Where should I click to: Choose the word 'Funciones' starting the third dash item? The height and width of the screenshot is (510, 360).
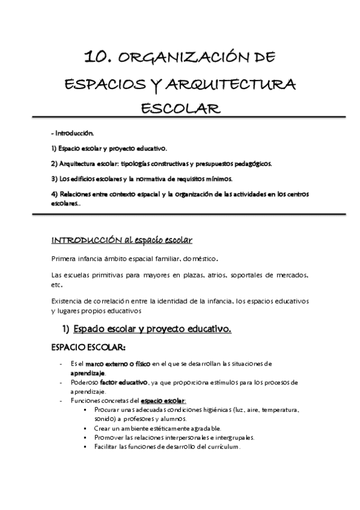(86, 401)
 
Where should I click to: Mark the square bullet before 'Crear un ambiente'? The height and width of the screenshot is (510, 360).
(88, 428)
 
